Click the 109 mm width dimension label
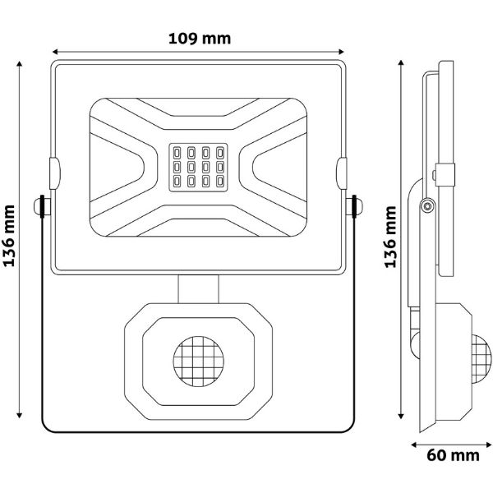pyautogui.click(x=200, y=39)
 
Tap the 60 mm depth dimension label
pyautogui.click(x=453, y=455)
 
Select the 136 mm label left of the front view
pyautogui.click(x=9, y=236)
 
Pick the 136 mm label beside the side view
pyautogui.click(x=390, y=237)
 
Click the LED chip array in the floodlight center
pyautogui.click(x=198, y=168)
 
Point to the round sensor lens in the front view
pyautogui.click(x=198, y=362)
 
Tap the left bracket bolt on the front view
pyautogui.click(x=42, y=206)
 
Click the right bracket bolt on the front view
pyautogui.click(x=354, y=206)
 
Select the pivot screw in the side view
pyautogui.click(x=427, y=206)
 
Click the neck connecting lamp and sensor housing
pyautogui.click(x=198, y=289)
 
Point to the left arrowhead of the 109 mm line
pyautogui.click(x=55, y=52)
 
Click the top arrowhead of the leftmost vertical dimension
pyautogui.click(x=20, y=64)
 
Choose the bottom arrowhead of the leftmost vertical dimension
pyautogui.click(x=20, y=416)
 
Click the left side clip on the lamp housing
pyautogui.click(x=55, y=173)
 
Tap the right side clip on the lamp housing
pyautogui.click(x=342, y=173)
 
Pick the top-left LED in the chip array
pyautogui.click(x=177, y=153)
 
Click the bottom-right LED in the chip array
pyautogui.click(x=220, y=181)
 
